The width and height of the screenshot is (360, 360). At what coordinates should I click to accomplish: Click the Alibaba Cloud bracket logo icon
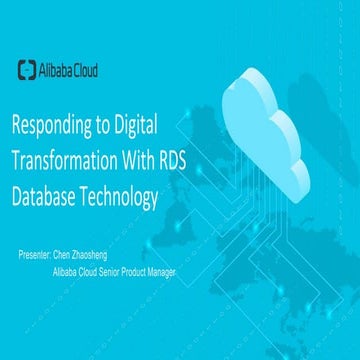pos(28,69)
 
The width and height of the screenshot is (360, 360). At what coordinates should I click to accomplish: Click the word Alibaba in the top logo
pos(57,69)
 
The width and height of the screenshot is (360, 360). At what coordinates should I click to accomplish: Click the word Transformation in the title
pos(67,163)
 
